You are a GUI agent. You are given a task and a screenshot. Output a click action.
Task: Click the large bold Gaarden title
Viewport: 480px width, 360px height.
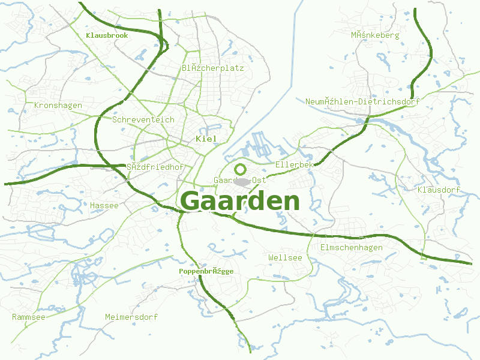pyautogui.click(x=239, y=201)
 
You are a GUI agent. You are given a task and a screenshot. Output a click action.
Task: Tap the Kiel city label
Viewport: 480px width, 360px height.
pyautogui.click(x=206, y=139)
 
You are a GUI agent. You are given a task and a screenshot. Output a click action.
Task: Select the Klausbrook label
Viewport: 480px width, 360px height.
pyautogui.click(x=107, y=35)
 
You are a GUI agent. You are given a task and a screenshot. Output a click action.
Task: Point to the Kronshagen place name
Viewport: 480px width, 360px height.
pyautogui.click(x=58, y=106)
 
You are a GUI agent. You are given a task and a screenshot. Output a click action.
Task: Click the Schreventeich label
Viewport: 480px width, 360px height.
pyautogui.click(x=143, y=119)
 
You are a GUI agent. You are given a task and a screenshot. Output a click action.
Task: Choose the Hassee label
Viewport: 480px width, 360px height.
pyautogui.click(x=104, y=205)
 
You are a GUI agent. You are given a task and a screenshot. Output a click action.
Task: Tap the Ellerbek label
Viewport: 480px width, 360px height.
pyautogui.click(x=294, y=164)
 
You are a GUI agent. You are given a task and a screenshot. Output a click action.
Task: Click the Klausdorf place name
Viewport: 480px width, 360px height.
pyautogui.click(x=438, y=190)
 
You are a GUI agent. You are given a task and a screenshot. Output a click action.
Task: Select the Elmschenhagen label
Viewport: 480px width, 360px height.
pyautogui.click(x=351, y=248)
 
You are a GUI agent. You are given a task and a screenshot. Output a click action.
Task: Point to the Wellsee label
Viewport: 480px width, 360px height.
pyautogui.click(x=285, y=257)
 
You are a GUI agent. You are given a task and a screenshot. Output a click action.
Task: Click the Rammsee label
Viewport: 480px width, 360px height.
pyautogui.click(x=28, y=317)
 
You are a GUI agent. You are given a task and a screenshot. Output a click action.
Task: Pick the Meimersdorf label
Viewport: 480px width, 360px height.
pyautogui.click(x=131, y=317)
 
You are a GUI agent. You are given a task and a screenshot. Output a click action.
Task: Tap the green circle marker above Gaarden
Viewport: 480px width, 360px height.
pyautogui.click(x=241, y=169)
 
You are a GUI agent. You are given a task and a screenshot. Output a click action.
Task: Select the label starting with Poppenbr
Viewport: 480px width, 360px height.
pyautogui.click(x=206, y=271)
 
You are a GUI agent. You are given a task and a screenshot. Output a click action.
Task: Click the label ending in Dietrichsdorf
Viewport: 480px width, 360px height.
pyautogui.click(x=362, y=101)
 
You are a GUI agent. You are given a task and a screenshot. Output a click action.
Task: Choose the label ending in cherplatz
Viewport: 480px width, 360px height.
pyautogui.click(x=212, y=68)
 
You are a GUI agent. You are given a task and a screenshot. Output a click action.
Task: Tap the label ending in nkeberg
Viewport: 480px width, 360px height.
pyautogui.click(x=375, y=35)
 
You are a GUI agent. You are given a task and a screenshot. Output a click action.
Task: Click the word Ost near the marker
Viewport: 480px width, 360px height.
pyautogui.click(x=259, y=180)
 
